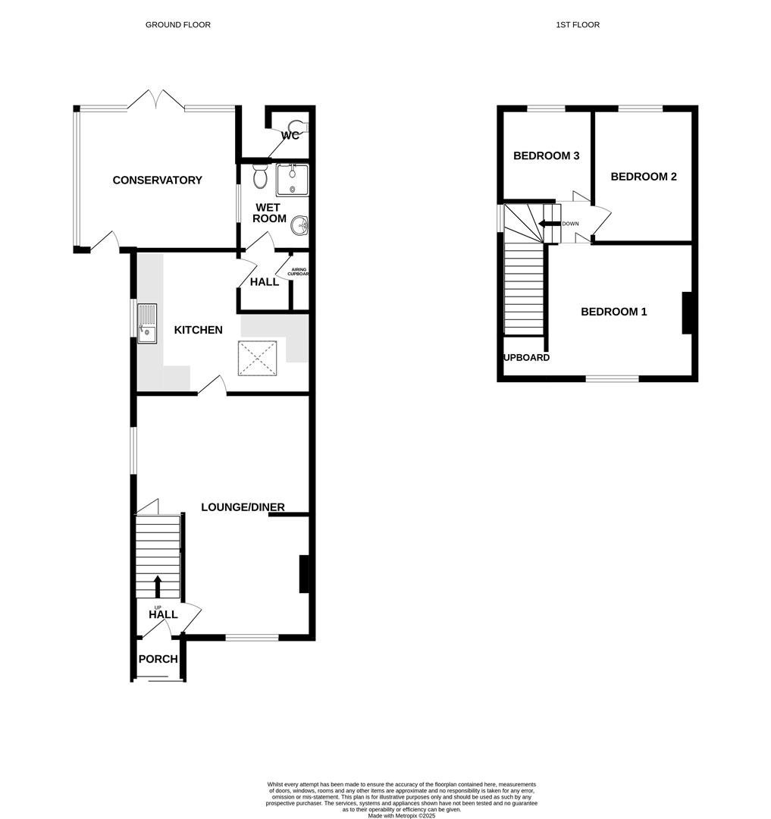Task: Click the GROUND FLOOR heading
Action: (x=177, y=25)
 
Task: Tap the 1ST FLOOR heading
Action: (x=577, y=25)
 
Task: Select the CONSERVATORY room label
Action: (x=157, y=180)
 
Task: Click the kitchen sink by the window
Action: (x=147, y=322)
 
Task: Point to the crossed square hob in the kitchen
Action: (x=260, y=358)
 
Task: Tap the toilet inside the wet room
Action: (x=260, y=176)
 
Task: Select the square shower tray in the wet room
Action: (x=292, y=180)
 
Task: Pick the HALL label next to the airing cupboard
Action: (x=264, y=282)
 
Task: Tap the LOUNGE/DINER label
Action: (x=243, y=507)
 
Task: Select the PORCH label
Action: (x=158, y=659)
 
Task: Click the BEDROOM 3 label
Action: (x=546, y=156)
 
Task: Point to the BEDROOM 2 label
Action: (x=643, y=177)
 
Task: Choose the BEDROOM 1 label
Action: (x=613, y=312)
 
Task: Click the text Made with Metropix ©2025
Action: (x=402, y=815)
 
